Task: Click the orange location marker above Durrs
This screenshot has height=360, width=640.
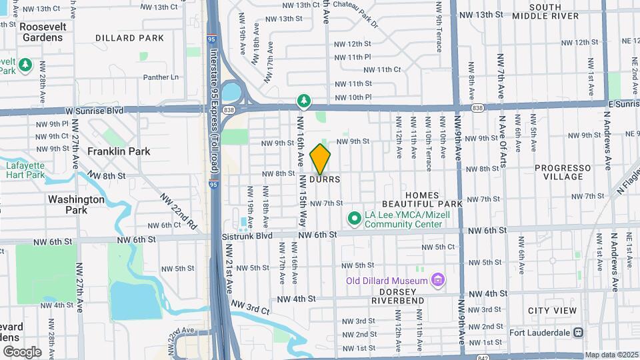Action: coord(321,159)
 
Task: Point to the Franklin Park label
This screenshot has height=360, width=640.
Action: coord(119,151)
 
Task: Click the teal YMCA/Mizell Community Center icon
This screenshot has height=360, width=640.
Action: coord(354,218)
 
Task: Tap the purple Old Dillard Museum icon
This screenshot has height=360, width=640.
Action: coord(437,280)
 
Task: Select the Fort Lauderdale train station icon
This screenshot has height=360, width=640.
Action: coord(579,332)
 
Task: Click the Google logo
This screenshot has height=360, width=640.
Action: coord(21,351)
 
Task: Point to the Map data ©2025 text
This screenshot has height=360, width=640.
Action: coord(612,355)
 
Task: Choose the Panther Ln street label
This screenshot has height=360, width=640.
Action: coord(161,77)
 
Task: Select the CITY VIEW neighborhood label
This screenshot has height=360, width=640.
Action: coord(552,311)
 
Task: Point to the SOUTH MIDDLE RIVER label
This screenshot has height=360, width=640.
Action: coord(555,11)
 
